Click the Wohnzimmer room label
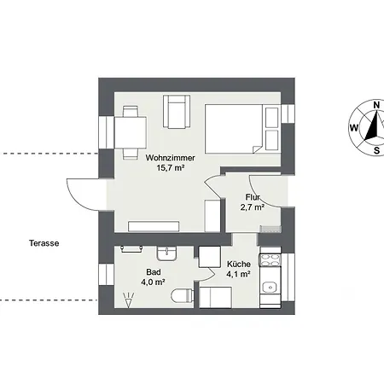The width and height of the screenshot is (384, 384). (170, 158)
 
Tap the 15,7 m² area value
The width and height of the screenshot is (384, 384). (171, 168)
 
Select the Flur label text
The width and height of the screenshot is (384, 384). (253, 197)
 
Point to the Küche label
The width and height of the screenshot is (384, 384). (239, 265)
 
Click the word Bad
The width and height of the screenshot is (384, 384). (154, 272)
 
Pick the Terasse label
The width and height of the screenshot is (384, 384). (44, 243)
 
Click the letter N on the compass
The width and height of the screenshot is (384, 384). (376, 105)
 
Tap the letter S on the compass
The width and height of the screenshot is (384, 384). (376, 150)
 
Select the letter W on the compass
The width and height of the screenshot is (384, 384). (354, 128)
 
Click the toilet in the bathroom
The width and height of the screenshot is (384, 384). (183, 296)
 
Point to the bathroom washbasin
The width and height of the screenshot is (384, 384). (166, 253)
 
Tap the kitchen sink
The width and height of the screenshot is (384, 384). (270, 288)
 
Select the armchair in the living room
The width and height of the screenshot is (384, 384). (177, 112)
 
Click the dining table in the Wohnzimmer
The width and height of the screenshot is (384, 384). (131, 132)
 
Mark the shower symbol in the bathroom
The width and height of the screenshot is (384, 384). (129, 300)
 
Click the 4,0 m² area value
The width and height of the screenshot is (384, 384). (154, 282)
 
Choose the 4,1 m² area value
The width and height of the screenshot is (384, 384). (238, 275)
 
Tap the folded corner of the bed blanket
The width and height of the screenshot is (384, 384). (257, 149)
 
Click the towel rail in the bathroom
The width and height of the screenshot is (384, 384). (131, 249)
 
